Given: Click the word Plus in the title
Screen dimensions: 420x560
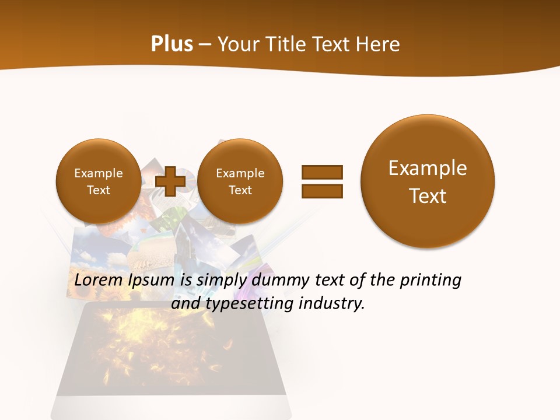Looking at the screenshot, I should pos(171,44).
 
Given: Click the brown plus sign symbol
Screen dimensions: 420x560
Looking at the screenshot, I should pos(170,181).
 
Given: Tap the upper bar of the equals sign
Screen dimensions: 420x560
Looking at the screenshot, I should pos(322,172).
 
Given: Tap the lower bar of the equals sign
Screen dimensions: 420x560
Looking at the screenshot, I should pos(322,191).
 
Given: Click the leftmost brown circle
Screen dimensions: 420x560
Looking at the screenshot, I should pos(98,181).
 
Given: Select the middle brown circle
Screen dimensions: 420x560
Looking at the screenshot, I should pos(240,181).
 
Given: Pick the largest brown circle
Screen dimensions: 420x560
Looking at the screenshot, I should pos(428,181).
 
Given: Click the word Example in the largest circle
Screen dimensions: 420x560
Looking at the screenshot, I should pos(428,168).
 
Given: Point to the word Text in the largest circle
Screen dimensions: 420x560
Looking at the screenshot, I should pos(428,196).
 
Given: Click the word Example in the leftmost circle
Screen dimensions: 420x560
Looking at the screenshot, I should pos(98,173).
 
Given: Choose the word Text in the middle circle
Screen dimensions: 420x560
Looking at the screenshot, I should pos(240,190).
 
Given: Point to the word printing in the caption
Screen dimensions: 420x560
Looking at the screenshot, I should pos(430,281).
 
